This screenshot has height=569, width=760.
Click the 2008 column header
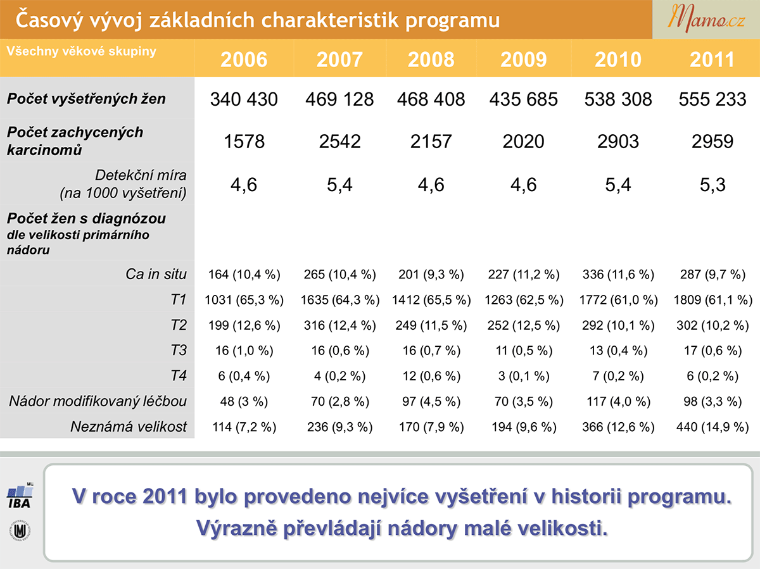[431, 59]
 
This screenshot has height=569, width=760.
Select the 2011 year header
[712, 59]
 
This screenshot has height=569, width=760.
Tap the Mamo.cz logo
[706, 19]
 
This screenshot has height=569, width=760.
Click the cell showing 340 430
[244, 99]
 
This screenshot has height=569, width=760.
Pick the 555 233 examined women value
[712, 99]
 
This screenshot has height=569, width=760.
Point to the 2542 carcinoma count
[339, 142]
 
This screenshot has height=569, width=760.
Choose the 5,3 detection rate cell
[712, 184]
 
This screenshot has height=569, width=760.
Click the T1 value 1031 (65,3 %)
[244, 300]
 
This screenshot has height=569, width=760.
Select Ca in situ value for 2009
[524, 275]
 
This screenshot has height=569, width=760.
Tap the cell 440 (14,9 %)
[712, 427]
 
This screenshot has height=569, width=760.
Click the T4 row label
[179, 376]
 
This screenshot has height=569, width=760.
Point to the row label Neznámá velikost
[129, 427]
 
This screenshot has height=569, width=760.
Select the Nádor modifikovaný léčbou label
[98, 401]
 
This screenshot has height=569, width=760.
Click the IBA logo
[20, 496]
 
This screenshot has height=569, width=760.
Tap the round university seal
[20, 530]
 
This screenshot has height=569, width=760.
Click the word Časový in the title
[49, 20]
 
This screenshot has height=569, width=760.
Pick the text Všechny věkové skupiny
[82, 51]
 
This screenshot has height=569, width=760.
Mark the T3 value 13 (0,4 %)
[618, 351]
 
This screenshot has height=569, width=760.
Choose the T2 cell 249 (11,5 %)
[431, 325]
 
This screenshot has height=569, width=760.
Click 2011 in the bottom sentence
[165, 496]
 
